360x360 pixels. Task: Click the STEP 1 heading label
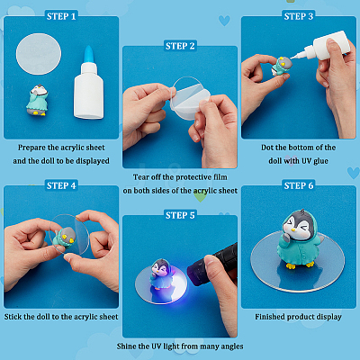pos(61,16)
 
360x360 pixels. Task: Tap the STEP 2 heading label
pos(180,46)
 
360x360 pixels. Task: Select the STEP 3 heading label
pos(299,16)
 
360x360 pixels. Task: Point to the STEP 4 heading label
pos(61,185)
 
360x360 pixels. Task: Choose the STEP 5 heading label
pos(180,215)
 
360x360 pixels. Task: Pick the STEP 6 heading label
pos(299,185)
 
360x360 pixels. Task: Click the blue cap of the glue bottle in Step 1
pos(88,55)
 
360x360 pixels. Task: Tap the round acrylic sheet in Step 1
pos(39,54)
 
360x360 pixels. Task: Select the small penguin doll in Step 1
pos(38,100)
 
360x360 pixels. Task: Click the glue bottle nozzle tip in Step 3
pos(292,57)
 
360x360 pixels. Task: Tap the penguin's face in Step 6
pos(298,226)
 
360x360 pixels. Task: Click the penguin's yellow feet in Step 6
pos(300,265)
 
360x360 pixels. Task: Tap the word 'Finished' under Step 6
pos(270,317)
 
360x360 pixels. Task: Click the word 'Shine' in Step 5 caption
pos(126,346)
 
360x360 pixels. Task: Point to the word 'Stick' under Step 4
pos(13,317)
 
